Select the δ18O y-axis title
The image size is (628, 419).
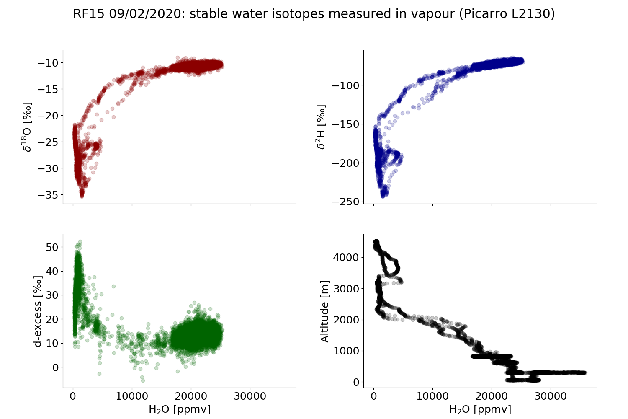click(28, 127)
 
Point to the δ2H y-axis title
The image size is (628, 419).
click(321, 127)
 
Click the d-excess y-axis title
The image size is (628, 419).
click(38, 311)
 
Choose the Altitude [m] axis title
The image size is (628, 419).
click(325, 311)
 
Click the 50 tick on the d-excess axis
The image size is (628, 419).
click(52, 247)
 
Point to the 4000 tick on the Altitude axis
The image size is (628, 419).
click(346, 257)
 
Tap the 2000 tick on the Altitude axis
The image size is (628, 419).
click(346, 320)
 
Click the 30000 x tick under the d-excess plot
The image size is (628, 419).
click(250, 396)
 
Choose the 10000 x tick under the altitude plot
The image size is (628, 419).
click(432, 396)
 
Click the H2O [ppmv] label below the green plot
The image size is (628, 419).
click(180, 409)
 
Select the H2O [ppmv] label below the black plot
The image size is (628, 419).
click(480, 409)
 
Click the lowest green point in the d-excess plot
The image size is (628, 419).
click(143, 380)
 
